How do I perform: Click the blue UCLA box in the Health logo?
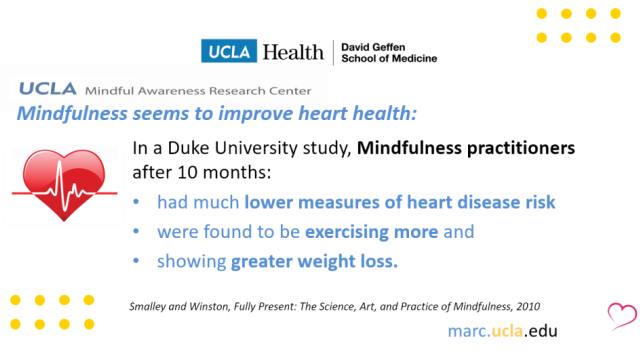point(229,51)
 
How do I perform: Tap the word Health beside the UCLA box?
point(291,51)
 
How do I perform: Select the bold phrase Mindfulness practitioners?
point(466,149)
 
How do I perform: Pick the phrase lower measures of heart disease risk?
point(400,203)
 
